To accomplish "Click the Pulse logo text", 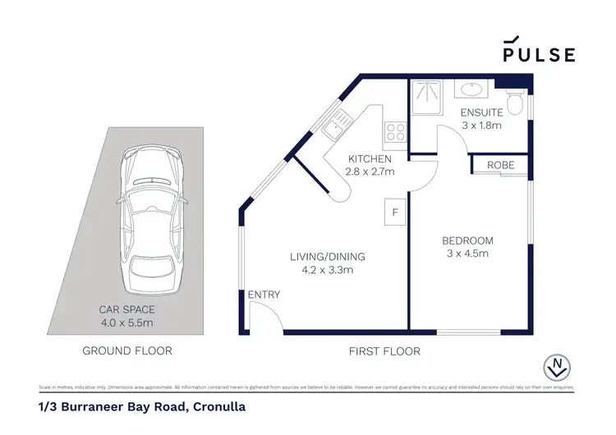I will pyautogui.click(x=539, y=54).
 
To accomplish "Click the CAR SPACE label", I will pyautogui.click(x=126, y=309).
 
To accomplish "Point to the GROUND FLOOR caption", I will pyautogui.click(x=126, y=350).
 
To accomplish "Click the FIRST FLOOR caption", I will pyautogui.click(x=385, y=350).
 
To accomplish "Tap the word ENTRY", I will pyautogui.click(x=264, y=295).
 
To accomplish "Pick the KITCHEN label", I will pyautogui.click(x=370, y=158).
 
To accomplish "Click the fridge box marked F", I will pyautogui.click(x=394, y=213).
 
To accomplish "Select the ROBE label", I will pyautogui.click(x=500, y=165).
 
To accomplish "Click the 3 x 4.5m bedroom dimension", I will pyautogui.click(x=467, y=254).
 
